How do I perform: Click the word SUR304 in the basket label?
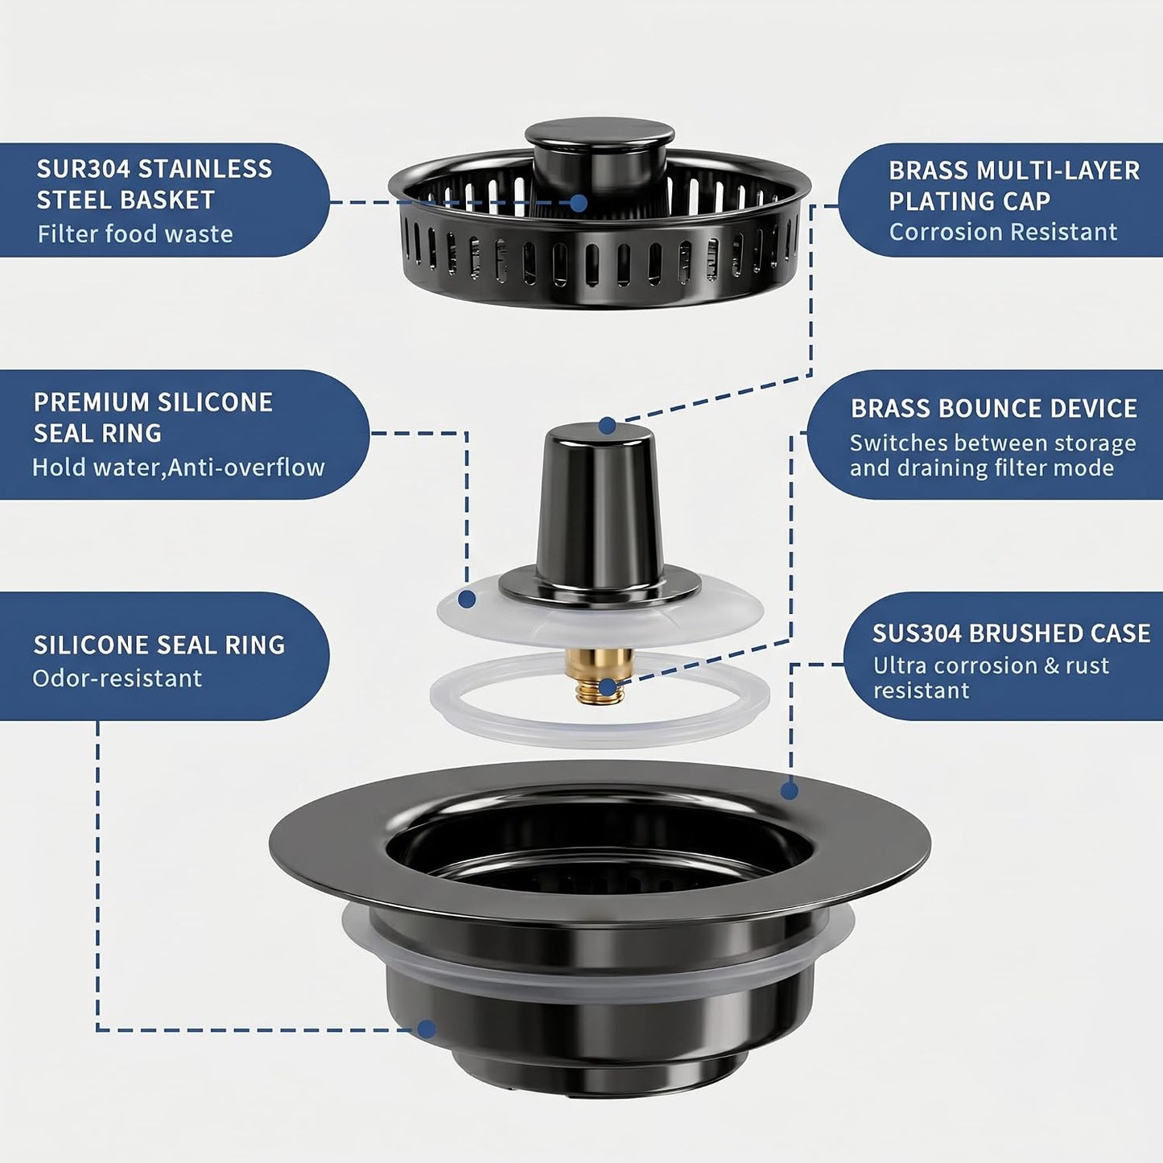click(83, 169)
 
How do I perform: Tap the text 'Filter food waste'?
click(135, 233)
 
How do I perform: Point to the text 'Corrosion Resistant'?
click(1003, 232)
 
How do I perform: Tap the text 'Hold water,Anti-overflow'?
click(179, 467)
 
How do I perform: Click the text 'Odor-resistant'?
click(117, 678)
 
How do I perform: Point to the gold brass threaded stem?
click(600, 676)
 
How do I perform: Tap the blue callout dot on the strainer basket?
click(578, 203)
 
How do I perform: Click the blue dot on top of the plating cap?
click(608, 426)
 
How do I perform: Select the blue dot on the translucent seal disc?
click(467, 600)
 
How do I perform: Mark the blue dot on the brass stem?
click(608, 687)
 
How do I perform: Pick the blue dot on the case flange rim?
click(790, 790)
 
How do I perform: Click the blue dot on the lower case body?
click(427, 1029)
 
